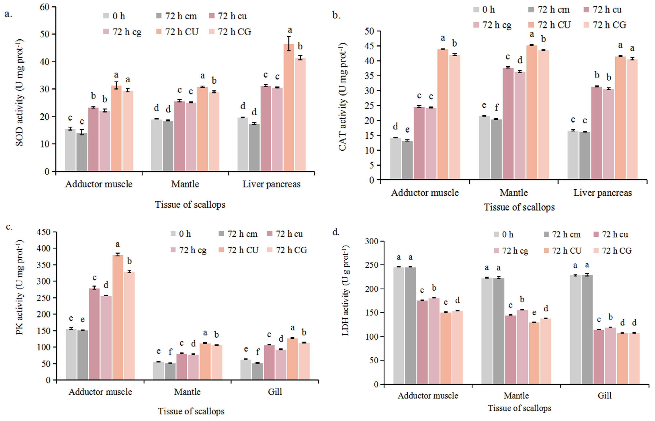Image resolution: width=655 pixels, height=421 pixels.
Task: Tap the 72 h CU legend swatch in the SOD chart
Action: tap(159, 32)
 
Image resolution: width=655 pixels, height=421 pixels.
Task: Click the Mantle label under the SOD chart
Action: tap(185, 184)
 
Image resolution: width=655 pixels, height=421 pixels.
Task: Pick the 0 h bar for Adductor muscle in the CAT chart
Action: tap(395, 159)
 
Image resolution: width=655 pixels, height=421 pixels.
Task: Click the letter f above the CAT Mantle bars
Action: tap(496, 108)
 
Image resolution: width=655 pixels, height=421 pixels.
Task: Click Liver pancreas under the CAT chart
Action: tap(603, 193)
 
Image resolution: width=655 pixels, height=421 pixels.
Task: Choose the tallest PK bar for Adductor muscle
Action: tap(118, 317)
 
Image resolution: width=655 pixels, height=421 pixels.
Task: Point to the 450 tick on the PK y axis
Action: tap(44, 232)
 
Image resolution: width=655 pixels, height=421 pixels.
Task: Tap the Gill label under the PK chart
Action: tap(275, 392)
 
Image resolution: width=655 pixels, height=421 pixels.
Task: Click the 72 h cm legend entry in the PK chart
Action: tap(238, 234)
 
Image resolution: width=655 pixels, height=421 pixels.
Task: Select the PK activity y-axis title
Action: tap(20, 287)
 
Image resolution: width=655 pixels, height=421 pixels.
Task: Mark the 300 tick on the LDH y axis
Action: tap(372, 241)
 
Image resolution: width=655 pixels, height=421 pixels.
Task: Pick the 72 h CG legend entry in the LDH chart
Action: tap(613, 251)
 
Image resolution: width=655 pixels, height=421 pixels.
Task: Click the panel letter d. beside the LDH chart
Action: tap(336, 232)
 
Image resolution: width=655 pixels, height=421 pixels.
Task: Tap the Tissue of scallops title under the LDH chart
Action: tap(519, 408)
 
